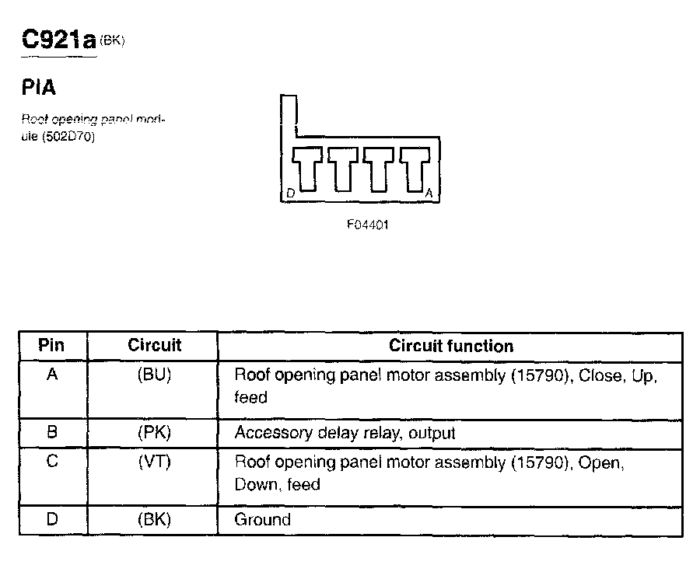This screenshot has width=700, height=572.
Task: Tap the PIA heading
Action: pos(39,88)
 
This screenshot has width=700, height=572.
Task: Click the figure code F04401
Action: pos(368,225)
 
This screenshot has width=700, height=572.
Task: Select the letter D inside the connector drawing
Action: pos(289,192)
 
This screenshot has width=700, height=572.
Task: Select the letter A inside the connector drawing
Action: pos(429,192)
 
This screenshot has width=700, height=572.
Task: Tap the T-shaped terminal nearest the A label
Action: pos(415,166)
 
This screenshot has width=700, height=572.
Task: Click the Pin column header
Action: pos(51,345)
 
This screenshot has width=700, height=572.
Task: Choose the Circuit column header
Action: pos(154,345)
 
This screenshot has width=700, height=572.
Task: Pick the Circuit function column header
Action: pos(451,346)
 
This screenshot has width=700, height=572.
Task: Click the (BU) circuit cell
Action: pos(154,375)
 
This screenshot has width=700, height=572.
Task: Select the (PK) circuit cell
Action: pos(154,432)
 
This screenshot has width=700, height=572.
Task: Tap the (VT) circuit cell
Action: pos(154,462)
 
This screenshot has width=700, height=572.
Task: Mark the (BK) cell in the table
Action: pos(154,519)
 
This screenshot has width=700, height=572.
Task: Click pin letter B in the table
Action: pos(52,432)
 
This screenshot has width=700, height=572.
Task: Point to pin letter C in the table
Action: pos(52,462)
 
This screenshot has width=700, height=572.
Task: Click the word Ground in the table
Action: pos(262,519)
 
